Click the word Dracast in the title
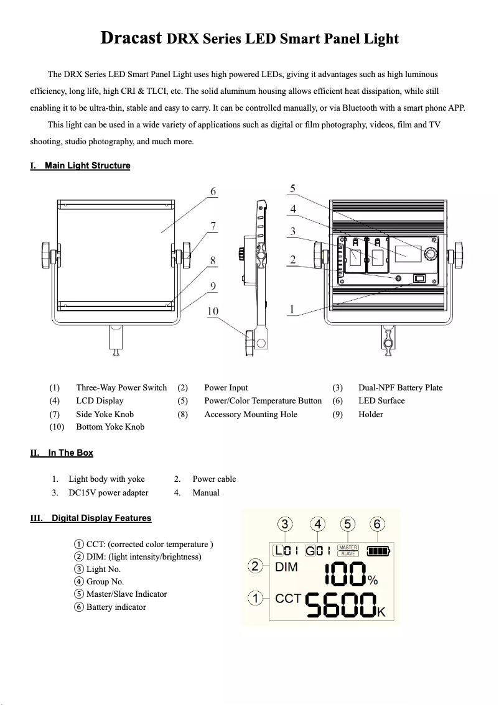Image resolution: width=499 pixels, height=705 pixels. (133, 39)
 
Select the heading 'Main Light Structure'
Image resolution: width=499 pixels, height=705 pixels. (87, 165)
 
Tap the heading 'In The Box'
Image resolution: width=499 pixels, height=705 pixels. (70, 453)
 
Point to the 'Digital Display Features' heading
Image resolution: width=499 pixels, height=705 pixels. (101, 518)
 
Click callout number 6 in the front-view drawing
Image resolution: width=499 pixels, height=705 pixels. (213, 192)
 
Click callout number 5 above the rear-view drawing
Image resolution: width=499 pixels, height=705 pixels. (293, 188)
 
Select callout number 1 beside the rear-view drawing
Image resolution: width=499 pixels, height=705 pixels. (292, 309)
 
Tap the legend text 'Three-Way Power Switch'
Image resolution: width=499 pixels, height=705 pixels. (121, 387)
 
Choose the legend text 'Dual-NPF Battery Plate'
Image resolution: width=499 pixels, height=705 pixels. (400, 387)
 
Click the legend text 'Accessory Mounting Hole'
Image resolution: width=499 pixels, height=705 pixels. (250, 414)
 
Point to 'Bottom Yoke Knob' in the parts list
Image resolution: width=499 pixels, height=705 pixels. (110, 426)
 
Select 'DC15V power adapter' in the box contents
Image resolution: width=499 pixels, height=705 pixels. (108, 492)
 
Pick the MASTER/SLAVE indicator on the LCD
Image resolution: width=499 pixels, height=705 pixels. (348, 550)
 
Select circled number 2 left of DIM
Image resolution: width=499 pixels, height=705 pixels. (254, 566)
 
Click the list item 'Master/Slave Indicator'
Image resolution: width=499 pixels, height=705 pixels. (126, 594)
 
